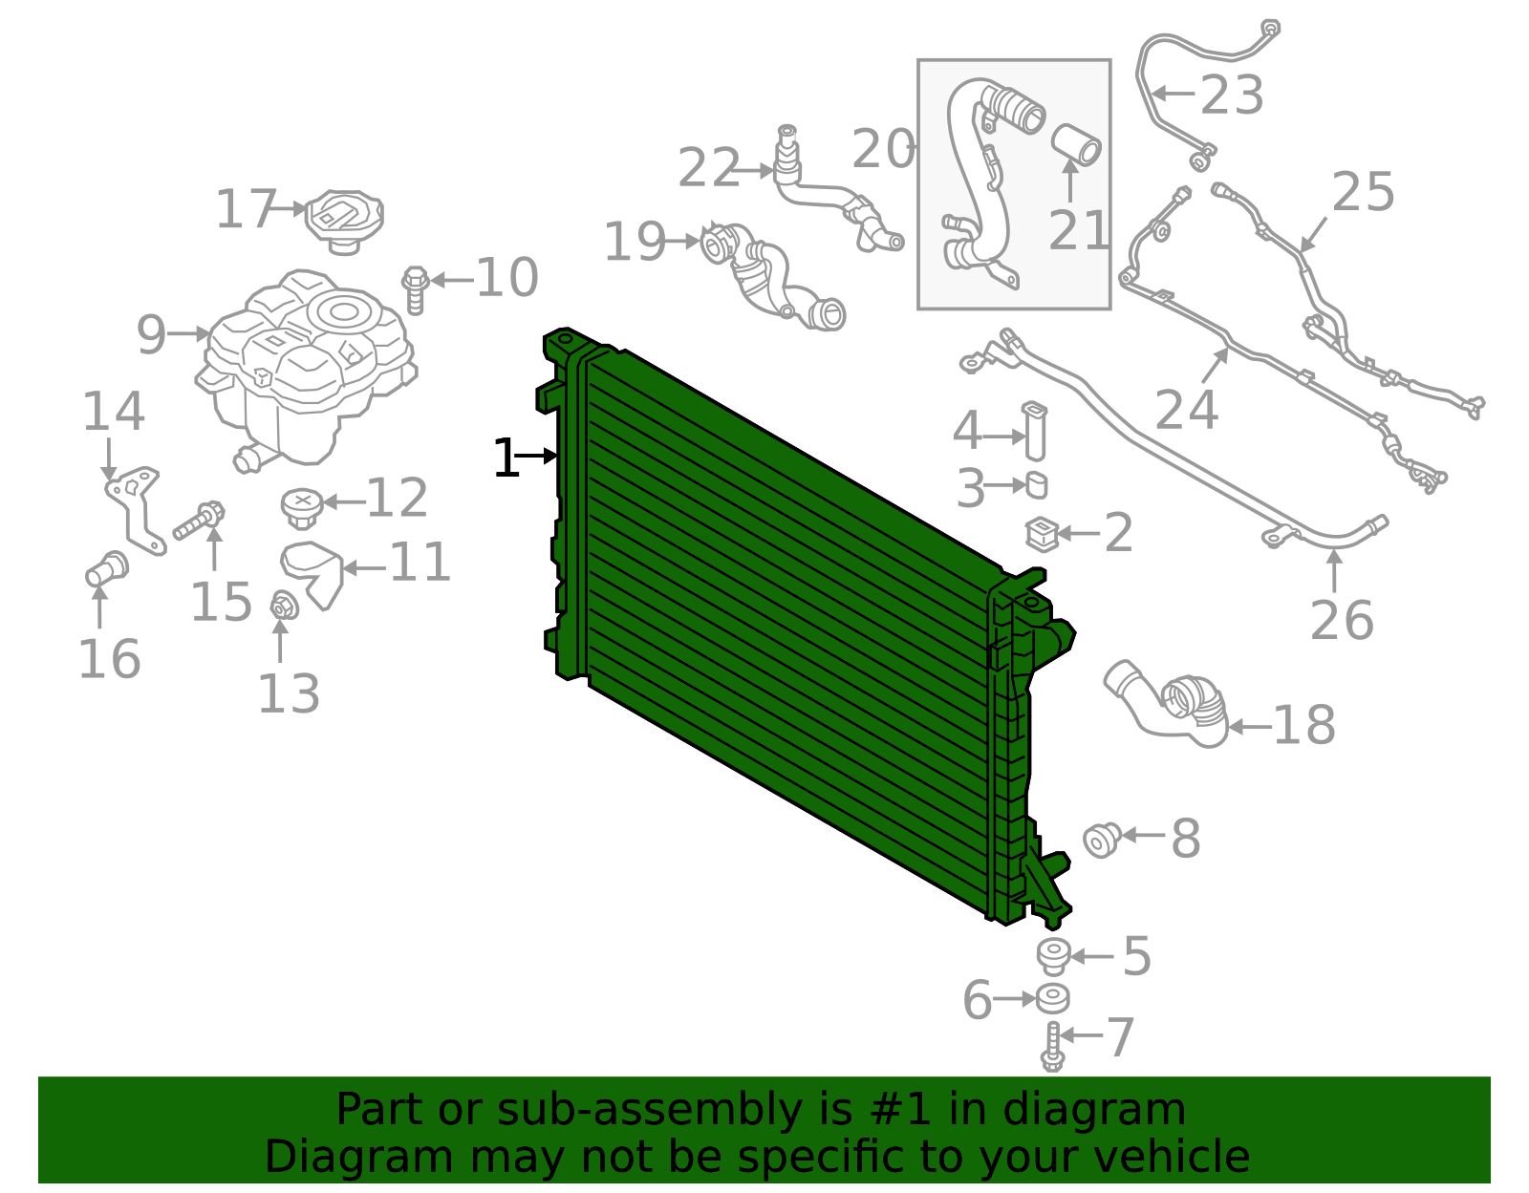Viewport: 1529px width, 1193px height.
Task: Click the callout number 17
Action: pos(246,209)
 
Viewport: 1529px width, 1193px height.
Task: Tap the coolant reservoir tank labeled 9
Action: pos(306,363)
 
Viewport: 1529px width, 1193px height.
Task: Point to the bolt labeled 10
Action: pos(415,289)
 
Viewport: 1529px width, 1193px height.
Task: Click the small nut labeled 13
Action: pos(283,606)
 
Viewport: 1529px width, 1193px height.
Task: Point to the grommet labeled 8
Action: pos(1102,840)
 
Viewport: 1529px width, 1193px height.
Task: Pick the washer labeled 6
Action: pos(1053,999)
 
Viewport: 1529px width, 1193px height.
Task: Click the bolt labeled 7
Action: pos(1052,1046)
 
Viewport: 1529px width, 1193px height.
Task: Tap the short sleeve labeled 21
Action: pos(1076,144)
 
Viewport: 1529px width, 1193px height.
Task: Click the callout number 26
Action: pos(1342,621)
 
